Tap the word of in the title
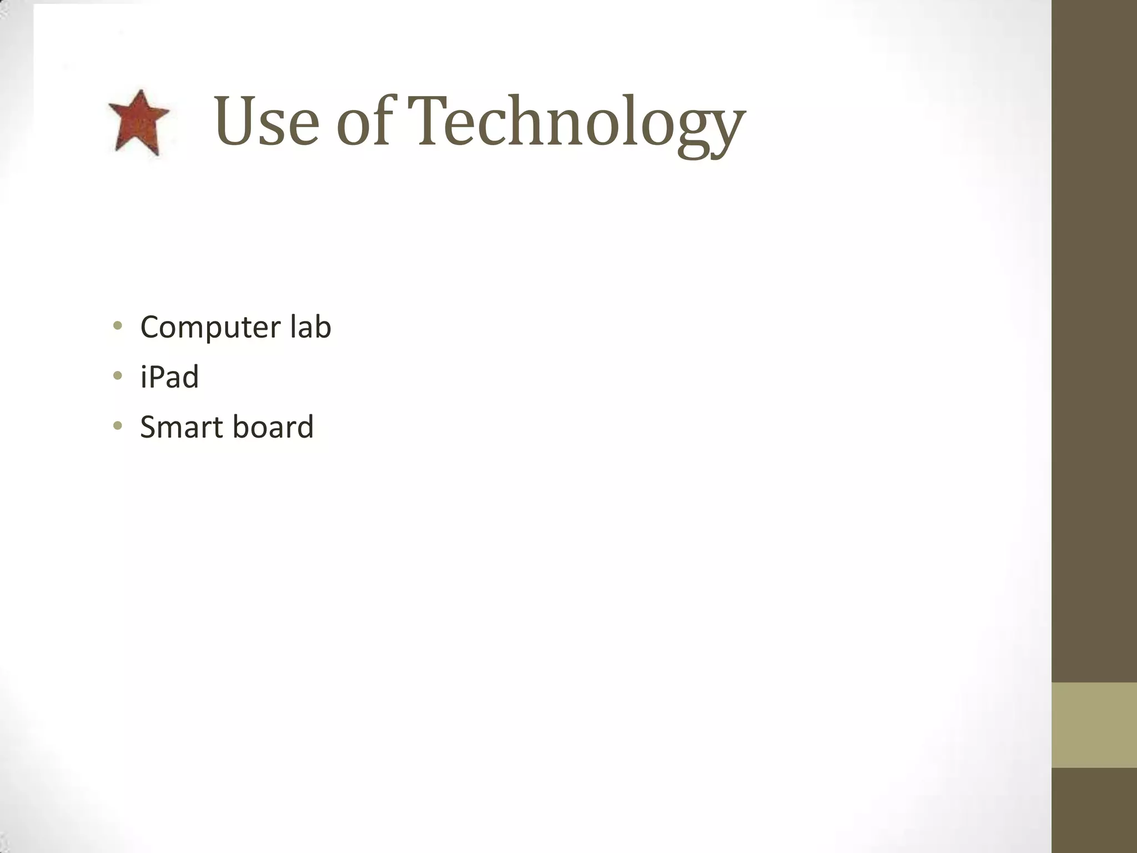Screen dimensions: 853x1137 (x=365, y=122)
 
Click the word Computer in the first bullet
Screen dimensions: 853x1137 (x=210, y=327)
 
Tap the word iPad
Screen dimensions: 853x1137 (x=169, y=377)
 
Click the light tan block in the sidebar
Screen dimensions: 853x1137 (x=1094, y=725)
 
